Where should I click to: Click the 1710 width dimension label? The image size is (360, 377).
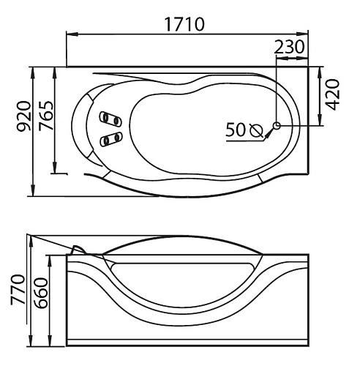pos(184,24)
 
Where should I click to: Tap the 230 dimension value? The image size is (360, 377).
pos(290,47)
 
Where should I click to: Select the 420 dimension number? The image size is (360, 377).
pos(333,94)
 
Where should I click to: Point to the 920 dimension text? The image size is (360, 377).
pos(23,116)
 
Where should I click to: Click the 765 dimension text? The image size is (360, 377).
pos(46,116)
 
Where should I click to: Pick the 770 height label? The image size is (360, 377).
pos(18,290)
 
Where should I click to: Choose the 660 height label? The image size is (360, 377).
pos(40,293)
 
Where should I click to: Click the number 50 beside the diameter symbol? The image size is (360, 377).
pos(236,130)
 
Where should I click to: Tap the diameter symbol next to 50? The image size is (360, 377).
pos(257,130)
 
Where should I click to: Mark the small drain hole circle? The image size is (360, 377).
pos(277,126)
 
